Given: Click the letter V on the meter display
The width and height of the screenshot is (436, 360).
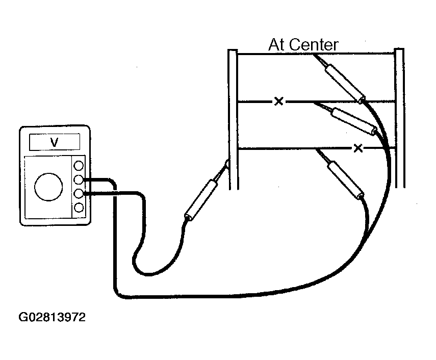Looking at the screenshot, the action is tap(54, 142).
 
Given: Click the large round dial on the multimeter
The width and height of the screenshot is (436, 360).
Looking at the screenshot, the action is tap(48, 187).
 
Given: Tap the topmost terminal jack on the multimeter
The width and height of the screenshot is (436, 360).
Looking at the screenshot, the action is tap(79, 166).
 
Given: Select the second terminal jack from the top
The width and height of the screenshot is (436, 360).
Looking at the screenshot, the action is tap(79, 179).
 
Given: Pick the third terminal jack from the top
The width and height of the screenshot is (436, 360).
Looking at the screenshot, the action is tap(79, 193).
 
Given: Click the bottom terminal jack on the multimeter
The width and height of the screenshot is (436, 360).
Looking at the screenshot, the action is tap(79, 208).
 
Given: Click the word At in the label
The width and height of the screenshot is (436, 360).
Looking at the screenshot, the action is tap(277, 45).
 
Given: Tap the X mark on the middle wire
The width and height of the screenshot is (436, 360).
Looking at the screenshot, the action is tap(278, 101).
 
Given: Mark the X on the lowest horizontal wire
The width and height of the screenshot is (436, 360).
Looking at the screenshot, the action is tap(358, 148).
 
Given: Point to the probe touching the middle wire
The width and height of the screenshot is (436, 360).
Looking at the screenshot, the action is tap(347, 119).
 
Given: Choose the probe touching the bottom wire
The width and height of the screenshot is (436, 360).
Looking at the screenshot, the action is tap(341, 174).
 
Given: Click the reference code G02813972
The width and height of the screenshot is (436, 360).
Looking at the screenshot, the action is tap(52, 317).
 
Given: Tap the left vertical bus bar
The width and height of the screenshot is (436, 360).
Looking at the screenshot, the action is tap(233, 119).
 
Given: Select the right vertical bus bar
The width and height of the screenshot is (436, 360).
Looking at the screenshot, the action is tap(400, 118).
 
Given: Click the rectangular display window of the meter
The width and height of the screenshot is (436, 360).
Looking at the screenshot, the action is tap(55, 142).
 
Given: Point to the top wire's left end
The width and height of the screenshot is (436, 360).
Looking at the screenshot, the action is tap(238, 54).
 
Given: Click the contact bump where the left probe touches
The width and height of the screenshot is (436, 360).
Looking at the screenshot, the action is tap(227, 164).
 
